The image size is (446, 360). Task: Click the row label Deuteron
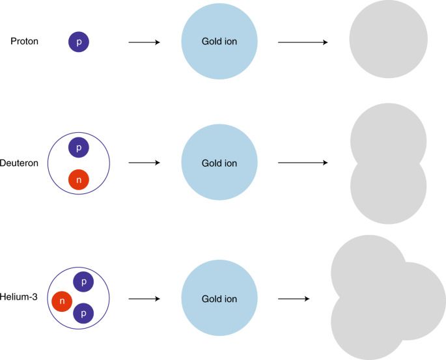pos(20,163)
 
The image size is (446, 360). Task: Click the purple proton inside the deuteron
pos(79,148)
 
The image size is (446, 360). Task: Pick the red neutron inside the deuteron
pos(79,178)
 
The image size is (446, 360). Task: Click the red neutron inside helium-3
pos(63,301)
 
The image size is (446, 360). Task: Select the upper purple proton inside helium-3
pos(84,283)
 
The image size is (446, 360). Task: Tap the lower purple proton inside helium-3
pos(84,313)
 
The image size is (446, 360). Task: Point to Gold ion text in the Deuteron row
pos(219,163)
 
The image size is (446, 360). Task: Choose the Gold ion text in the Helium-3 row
pos(219,299)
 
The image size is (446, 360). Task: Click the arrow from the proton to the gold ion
pos(144,43)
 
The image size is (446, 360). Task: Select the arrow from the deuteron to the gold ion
pos(144,163)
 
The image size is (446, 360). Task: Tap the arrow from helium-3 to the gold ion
pos(144,299)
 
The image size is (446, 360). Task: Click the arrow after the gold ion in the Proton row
pos(302,43)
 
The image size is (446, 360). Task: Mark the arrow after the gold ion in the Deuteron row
pos(302,163)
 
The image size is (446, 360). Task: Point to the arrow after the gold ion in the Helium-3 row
pos(293,299)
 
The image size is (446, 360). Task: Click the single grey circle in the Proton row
pos(389,40)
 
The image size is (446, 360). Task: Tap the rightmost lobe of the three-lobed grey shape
pos(420,300)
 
